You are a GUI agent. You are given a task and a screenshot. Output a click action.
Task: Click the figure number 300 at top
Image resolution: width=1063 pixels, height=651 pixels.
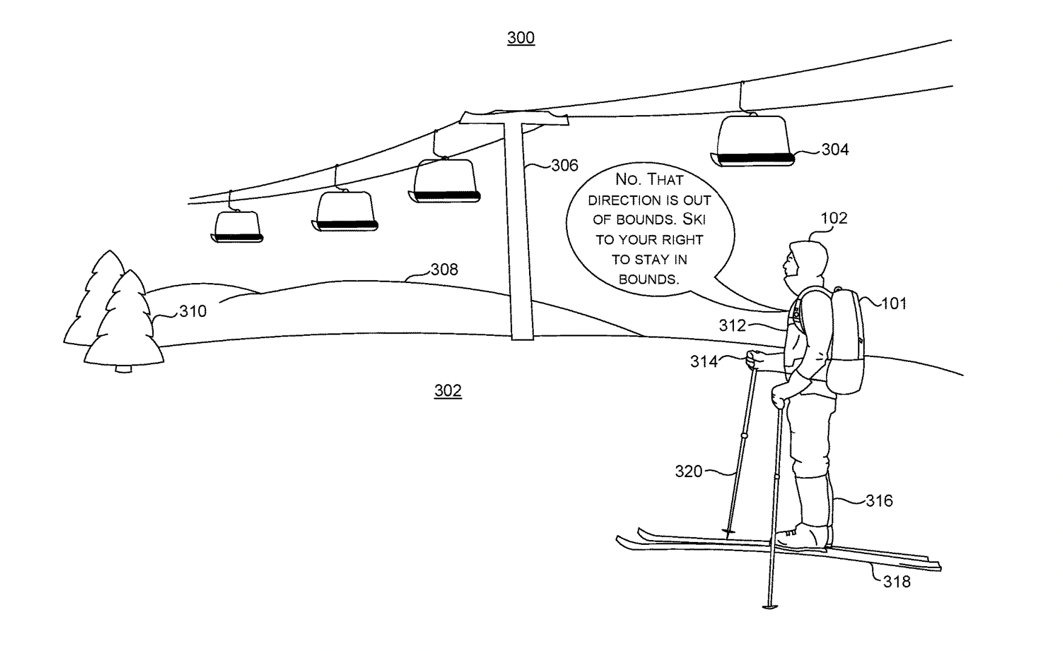click(521, 38)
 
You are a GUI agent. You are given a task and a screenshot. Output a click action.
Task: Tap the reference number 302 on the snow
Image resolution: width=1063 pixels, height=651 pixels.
click(448, 391)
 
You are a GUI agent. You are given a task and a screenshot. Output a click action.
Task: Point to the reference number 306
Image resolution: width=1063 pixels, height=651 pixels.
click(564, 165)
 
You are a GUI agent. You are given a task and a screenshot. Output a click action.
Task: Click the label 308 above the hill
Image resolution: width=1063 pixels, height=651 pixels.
click(444, 269)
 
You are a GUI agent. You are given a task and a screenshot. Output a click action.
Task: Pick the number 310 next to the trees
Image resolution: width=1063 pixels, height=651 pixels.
click(193, 312)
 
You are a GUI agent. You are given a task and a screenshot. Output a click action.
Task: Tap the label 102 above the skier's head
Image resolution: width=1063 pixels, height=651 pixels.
click(833, 218)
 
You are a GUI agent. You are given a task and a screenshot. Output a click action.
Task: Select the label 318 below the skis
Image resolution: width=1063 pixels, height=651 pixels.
click(896, 582)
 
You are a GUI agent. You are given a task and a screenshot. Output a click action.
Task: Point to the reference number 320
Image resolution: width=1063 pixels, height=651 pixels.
click(688, 472)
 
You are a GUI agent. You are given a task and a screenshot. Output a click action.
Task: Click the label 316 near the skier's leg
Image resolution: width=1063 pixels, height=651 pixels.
click(879, 501)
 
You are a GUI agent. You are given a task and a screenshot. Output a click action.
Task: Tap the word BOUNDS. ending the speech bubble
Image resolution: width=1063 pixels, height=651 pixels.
click(648, 279)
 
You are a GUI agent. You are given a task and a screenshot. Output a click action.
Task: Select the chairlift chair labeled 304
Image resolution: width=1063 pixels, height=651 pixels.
click(753, 141)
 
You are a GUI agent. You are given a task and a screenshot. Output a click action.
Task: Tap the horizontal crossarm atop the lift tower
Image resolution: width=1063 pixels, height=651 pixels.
click(514, 118)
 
